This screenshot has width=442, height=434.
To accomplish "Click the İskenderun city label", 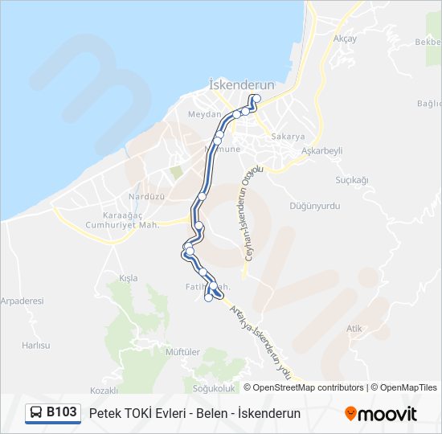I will [241, 84].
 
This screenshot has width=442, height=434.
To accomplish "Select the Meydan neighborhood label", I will [203, 115].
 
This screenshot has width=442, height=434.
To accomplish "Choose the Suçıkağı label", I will [351, 180].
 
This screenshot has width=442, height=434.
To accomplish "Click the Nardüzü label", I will [146, 197].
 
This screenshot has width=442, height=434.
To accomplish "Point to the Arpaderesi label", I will [22, 301].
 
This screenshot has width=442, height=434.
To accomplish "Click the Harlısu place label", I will [35, 345].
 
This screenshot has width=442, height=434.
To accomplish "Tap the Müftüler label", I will [182, 352].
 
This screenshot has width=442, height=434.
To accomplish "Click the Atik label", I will [354, 328].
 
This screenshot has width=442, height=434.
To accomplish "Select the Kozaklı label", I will [104, 391].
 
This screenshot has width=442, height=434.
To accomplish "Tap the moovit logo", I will [381, 414].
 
